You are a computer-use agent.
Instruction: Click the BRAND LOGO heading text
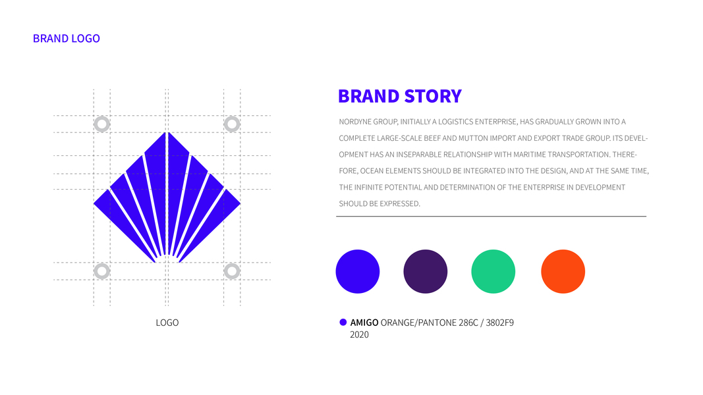click(x=67, y=39)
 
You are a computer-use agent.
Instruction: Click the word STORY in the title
click(x=433, y=96)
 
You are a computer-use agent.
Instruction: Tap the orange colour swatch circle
click(x=563, y=271)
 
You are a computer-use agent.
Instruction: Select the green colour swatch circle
click(x=493, y=271)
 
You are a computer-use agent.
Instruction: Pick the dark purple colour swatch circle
click(x=426, y=271)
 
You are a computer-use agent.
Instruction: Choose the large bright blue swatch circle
click(x=358, y=271)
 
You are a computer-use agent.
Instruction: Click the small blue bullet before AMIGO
click(x=343, y=322)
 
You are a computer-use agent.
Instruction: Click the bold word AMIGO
click(x=364, y=323)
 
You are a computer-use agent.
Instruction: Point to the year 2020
click(x=359, y=334)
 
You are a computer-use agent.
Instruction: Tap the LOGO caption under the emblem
click(x=167, y=323)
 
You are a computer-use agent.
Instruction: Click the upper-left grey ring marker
click(x=101, y=124)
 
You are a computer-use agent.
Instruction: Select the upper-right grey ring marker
click(x=232, y=124)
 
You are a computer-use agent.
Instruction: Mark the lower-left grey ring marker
click(x=101, y=271)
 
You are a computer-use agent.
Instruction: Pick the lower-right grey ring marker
click(x=232, y=271)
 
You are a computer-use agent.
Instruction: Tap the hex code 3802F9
click(x=500, y=323)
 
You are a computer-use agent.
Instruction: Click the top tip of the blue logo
click(x=167, y=132)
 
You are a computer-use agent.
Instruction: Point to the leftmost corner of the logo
click(x=94, y=203)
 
